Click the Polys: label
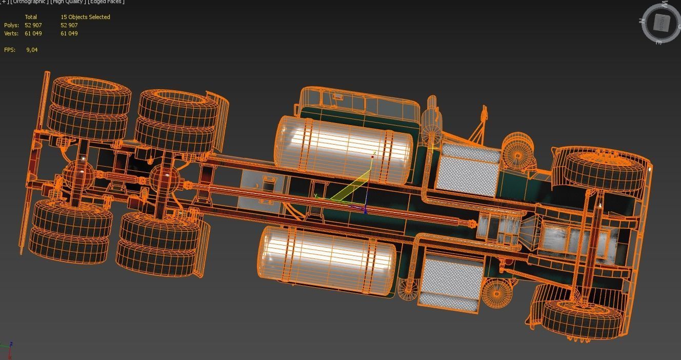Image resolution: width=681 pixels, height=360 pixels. tap(11, 25)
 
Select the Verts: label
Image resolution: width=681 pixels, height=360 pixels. tap(11, 33)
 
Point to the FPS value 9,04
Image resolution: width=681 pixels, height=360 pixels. tap(32, 50)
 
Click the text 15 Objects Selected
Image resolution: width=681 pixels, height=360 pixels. tap(85, 17)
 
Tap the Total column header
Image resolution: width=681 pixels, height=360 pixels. tap(31, 17)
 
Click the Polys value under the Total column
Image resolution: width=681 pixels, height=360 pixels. tap(33, 25)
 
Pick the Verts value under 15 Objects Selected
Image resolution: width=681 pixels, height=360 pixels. tap(69, 33)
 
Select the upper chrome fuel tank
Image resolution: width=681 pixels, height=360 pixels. tap(344, 149)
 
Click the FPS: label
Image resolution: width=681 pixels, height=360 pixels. tap(10, 50)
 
